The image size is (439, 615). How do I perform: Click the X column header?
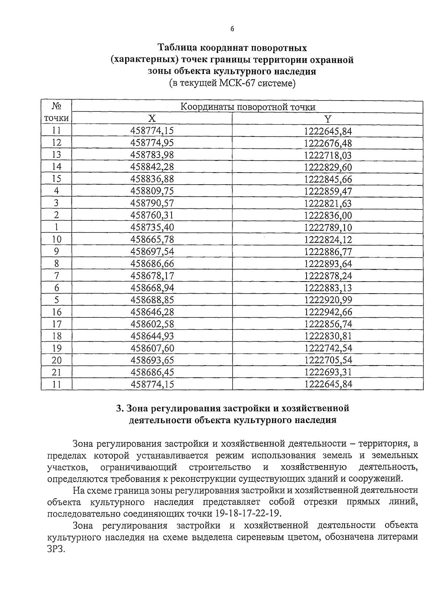pos(152,118)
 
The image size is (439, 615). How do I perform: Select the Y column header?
pos(328,119)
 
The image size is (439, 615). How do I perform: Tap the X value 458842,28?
pos(152,167)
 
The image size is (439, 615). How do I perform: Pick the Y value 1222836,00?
pos(328,215)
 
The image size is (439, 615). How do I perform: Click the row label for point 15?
pos(56,179)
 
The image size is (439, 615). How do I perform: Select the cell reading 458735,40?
pos(152,227)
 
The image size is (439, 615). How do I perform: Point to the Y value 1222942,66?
pos(328,312)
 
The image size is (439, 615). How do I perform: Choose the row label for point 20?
pos(56,360)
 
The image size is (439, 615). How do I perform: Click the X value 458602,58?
pos(152,324)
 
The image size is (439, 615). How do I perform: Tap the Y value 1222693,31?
pos(328,372)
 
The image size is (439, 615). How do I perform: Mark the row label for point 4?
pos(56,191)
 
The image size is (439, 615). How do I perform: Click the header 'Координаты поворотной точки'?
pos(248,107)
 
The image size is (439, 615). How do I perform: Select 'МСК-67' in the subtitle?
pos(237,83)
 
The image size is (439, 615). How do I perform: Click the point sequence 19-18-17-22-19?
pos(248,513)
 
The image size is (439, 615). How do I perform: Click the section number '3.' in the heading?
pos(119,408)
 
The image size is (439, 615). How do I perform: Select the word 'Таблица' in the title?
pos(177,48)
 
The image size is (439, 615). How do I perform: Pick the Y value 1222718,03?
pos(328,155)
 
